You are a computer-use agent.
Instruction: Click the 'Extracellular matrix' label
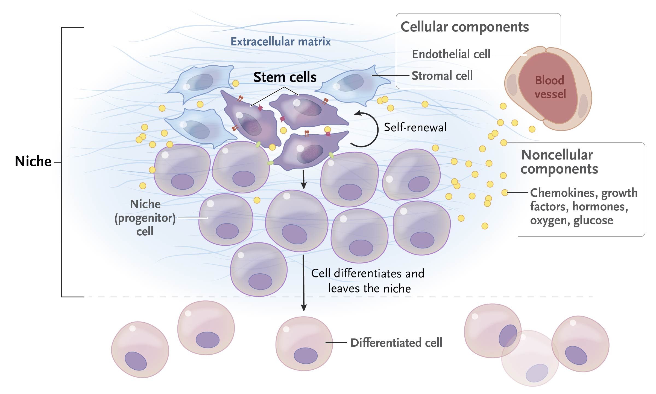pyautogui.click(x=280, y=42)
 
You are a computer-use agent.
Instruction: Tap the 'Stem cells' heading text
pyautogui.click(x=285, y=77)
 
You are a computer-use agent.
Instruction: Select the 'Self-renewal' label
pyautogui.click(x=415, y=128)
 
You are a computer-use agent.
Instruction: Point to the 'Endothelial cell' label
pyautogui.click(x=451, y=54)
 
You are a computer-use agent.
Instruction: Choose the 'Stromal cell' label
pyautogui.click(x=442, y=76)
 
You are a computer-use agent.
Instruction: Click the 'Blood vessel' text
pyautogui.click(x=550, y=87)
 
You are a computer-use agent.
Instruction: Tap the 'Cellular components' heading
pyautogui.click(x=465, y=27)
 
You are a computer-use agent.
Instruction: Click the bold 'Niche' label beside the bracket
pyautogui.click(x=33, y=161)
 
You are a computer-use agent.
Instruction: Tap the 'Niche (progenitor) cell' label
pyautogui.click(x=145, y=218)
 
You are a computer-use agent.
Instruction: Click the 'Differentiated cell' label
pyautogui.click(x=396, y=343)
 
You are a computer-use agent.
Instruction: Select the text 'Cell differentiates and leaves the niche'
pyautogui.click(x=368, y=281)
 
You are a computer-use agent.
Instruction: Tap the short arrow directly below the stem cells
pyautogui.click(x=303, y=179)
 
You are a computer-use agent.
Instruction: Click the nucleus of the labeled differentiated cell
pyautogui.click(x=306, y=356)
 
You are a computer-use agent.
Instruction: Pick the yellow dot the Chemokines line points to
pyautogui.click(x=505, y=193)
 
